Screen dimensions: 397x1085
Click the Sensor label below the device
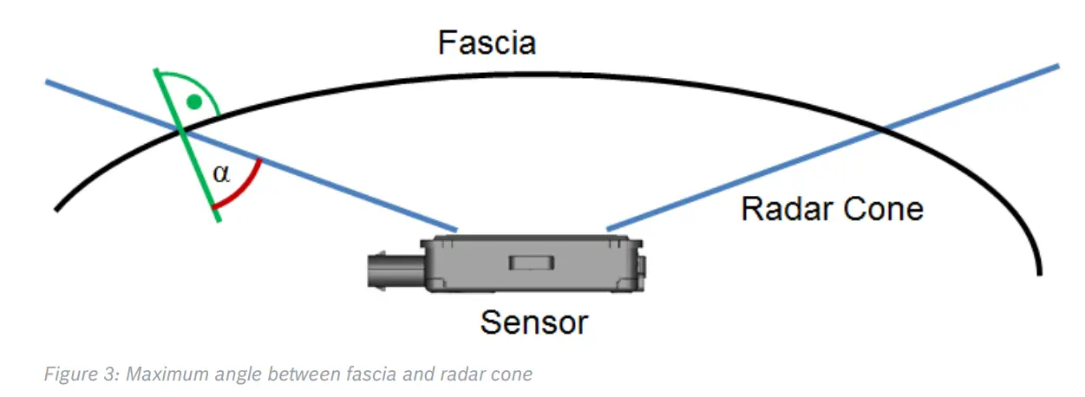(534, 322)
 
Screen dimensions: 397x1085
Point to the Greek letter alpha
(222, 173)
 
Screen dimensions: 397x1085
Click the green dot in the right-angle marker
(195, 102)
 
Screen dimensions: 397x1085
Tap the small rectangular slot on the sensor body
(526, 262)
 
